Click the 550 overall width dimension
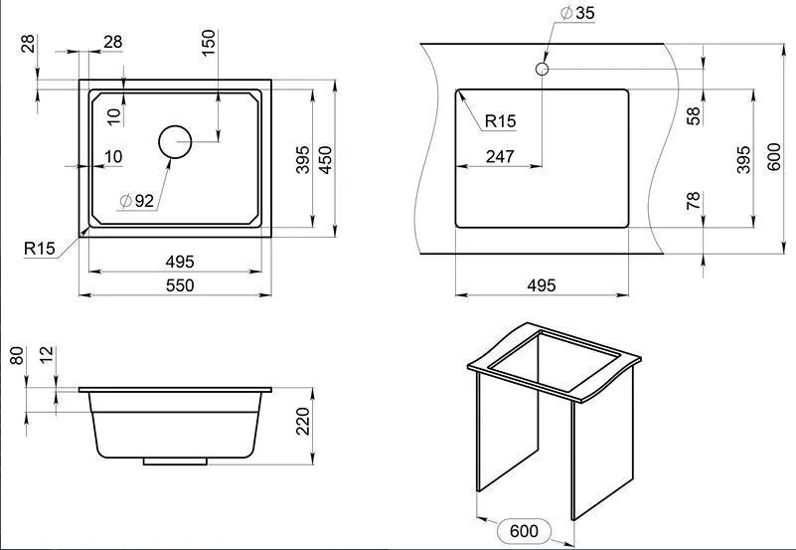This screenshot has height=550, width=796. (x=180, y=285)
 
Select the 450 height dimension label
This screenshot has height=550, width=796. (x=325, y=159)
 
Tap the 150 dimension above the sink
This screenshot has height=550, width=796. (x=209, y=43)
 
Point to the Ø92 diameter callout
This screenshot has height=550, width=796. (x=136, y=201)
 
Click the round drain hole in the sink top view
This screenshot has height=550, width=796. (x=175, y=141)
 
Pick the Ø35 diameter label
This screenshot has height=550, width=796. (x=577, y=13)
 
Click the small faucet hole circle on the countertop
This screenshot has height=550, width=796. (x=543, y=69)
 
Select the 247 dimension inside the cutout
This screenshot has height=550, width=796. (x=500, y=156)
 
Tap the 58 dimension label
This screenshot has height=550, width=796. (x=694, y=115)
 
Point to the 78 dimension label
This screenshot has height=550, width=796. (x=694, y=201)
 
